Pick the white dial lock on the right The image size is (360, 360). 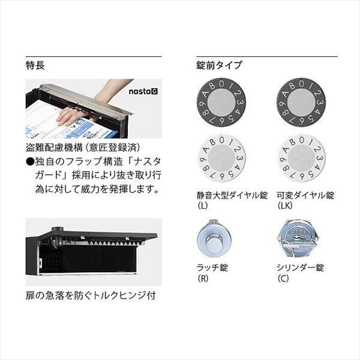[x=300, y=160]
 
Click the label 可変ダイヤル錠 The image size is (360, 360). [x=305, y=195]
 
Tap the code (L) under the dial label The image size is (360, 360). [x=202, y=206]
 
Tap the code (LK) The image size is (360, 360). [x=284, y=206]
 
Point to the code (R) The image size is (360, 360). [x=202, y=278]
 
